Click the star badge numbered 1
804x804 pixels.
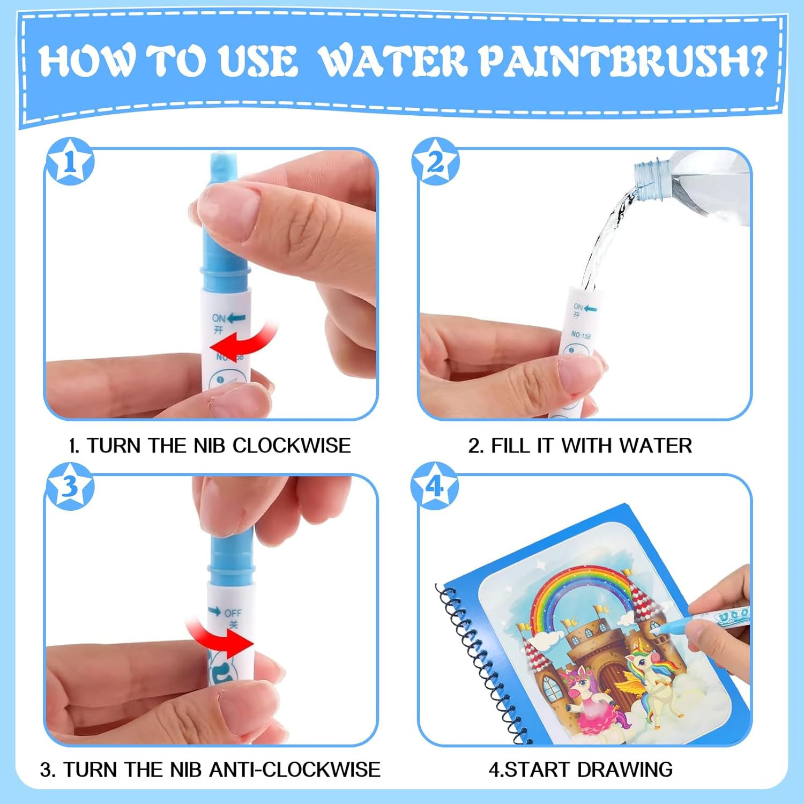[70, 161]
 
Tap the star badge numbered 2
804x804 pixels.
[435, 161]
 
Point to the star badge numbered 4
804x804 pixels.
[435, 486]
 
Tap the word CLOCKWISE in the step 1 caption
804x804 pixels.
[292, 445]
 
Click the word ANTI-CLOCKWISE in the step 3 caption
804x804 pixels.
[295, 770]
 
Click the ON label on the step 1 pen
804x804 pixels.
[218, 318]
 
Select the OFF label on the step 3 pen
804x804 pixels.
[233, 613]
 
